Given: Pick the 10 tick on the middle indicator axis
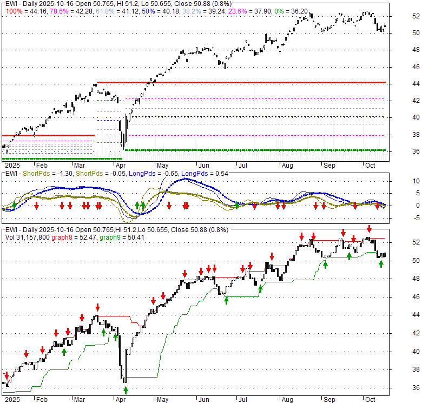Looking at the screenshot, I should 416,181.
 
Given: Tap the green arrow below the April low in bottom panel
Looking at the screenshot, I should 126,389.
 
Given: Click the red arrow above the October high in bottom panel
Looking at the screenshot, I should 369,229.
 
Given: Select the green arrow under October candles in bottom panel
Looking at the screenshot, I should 381,263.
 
